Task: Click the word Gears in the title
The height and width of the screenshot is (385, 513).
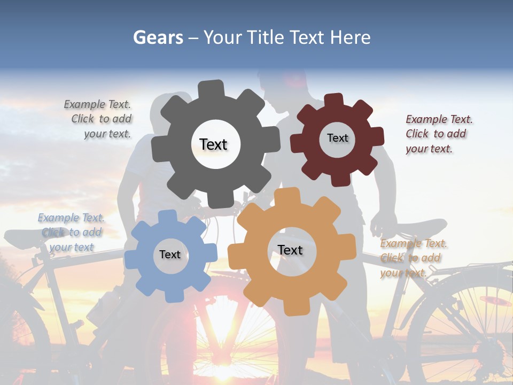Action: click(x=157, y=37)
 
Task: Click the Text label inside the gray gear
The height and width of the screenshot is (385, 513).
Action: click(x=214, y=144)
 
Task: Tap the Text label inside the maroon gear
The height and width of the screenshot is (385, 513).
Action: click(x=337, y=138)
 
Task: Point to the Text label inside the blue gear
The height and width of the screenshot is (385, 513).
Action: click(x=170, y=255)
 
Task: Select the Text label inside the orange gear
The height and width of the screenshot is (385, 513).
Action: click(x=290, y=250)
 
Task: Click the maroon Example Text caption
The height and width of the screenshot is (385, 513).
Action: click(x=438, y=134)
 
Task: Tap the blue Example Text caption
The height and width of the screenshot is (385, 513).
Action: click(x=71, y=233)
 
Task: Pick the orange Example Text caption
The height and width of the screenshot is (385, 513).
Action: click(x=413, y=258)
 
